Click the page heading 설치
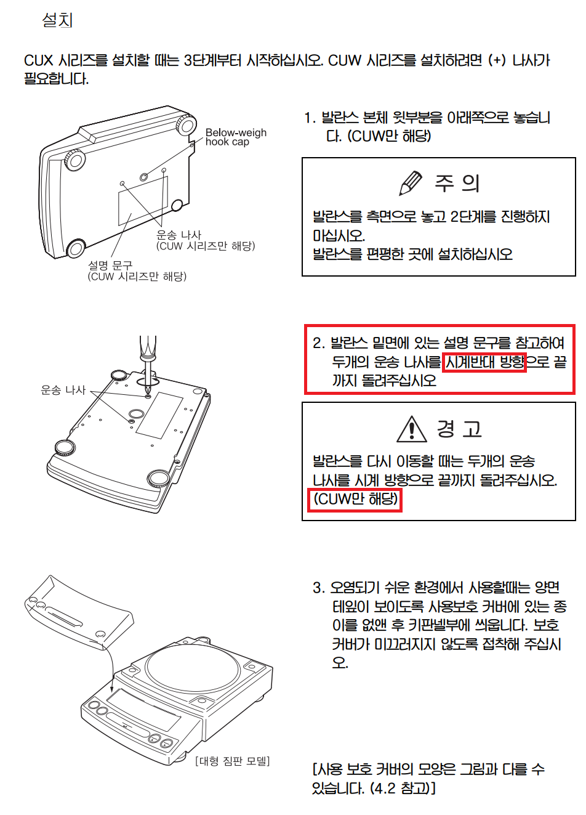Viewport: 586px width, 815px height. tap(57, 20)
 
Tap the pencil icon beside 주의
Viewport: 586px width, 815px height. tap(411, 182)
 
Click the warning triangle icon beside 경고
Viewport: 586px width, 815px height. tap(412, 429)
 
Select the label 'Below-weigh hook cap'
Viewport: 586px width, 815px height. tap(236, 137)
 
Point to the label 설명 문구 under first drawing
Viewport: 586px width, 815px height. tap(111, 264)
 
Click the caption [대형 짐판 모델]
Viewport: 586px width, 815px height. tap(232, 761)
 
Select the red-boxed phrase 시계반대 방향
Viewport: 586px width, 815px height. tap(484, 362)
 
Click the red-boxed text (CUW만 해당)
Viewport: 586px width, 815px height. tap(355, 500)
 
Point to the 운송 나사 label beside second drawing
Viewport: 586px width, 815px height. tap(63, 390)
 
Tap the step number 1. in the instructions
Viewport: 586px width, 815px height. tap(310, 118)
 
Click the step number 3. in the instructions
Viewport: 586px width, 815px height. tap(318, 588)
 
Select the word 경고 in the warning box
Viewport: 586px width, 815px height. tap(459, 429)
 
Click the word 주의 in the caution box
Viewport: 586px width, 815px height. tap(457, 183)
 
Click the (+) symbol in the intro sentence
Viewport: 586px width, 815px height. tap(497, 60)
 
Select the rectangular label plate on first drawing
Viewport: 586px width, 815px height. tap(143, 201)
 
